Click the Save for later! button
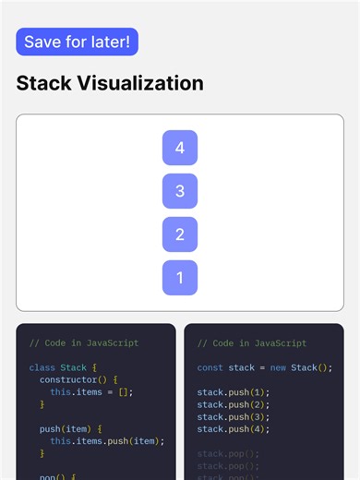click(77, 42)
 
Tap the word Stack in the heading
click(46, 83)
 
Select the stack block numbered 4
click(180, 148)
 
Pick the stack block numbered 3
click(180, 191)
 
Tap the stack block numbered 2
click(180, 234)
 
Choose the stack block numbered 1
click(180, 278)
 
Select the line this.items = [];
click(91, 391)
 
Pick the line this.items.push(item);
click(107, 440)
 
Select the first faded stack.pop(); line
click(228, 453)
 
